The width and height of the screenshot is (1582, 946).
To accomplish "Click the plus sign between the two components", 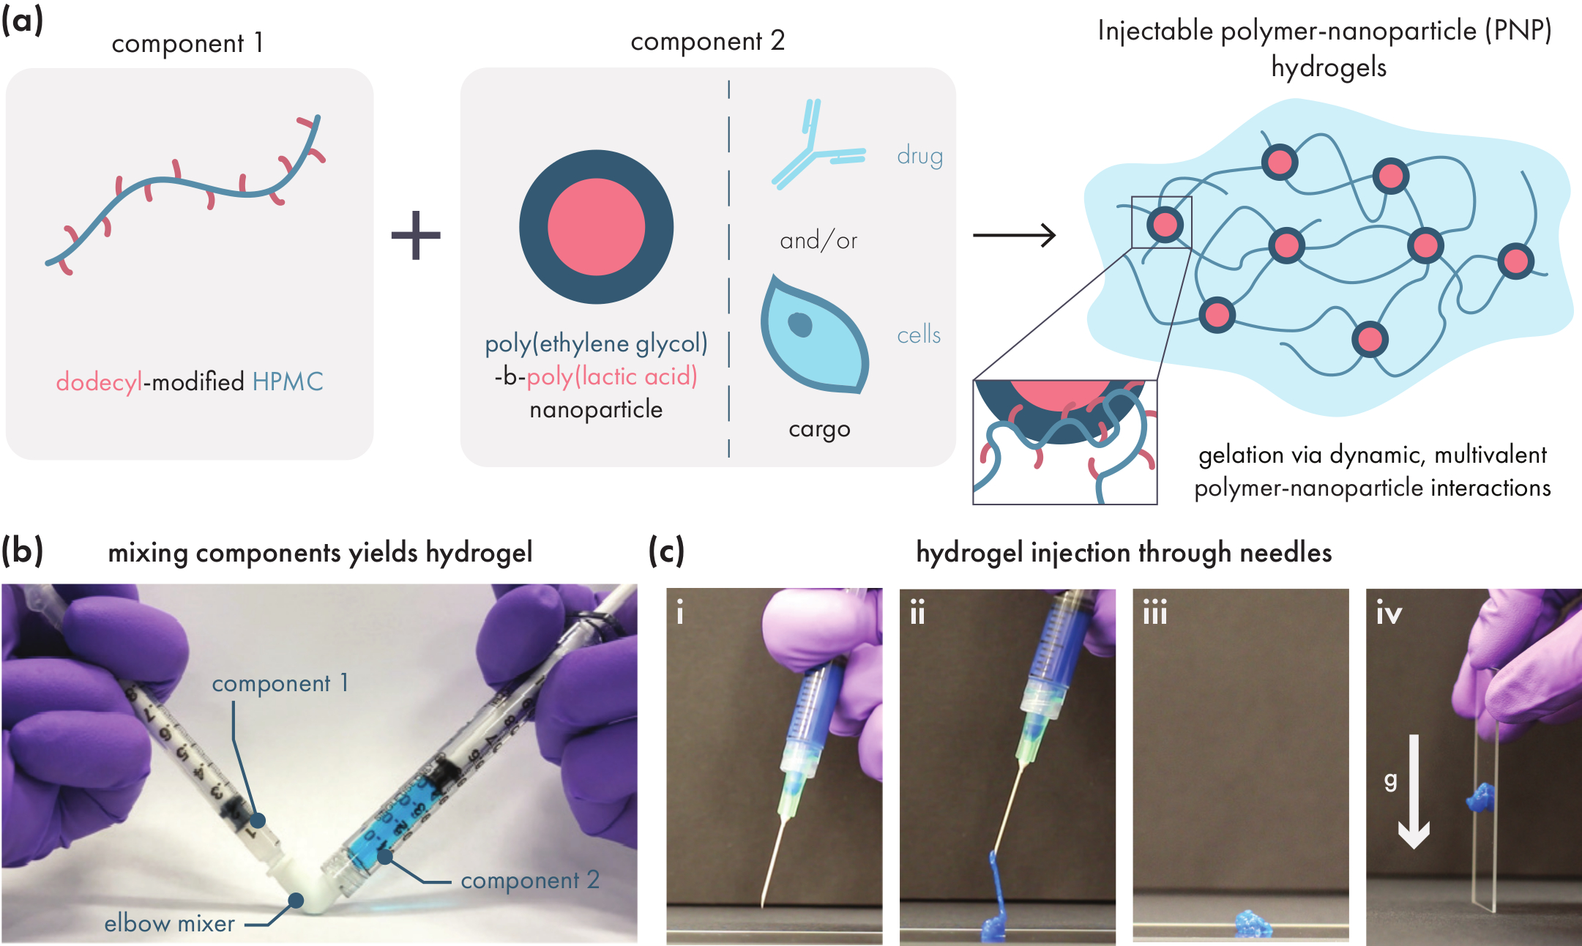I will click(x=416, y=235).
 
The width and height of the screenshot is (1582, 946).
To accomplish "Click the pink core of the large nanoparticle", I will click(x=596, y=227).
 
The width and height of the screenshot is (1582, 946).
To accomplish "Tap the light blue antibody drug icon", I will click(x=816, y=146).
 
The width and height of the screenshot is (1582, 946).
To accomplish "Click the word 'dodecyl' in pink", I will click(x=99, y=381).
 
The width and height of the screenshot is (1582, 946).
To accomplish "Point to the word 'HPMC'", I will click(x=288, y=381).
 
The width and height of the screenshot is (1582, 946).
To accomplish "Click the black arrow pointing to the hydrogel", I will click(x=1014, y=235).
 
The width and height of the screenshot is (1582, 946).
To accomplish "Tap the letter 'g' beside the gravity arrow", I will click(x=1391, y=781).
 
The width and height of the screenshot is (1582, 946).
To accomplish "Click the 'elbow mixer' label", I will click(x=169, y=923).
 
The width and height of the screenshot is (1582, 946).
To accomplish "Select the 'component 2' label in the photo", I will click(x=530, y=880).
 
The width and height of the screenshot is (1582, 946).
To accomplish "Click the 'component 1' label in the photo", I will click(x=280, y=683).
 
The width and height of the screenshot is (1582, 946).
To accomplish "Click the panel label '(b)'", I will click(x=22, y=551).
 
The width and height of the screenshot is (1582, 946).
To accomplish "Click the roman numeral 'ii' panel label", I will click(x=917, y=612).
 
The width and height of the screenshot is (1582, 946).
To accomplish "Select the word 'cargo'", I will click(x=819, y=429).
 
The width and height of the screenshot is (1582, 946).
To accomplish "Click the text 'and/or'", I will click(x=818, y=241).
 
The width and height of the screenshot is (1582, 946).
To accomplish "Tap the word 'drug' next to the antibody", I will click(x=919, y=156).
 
